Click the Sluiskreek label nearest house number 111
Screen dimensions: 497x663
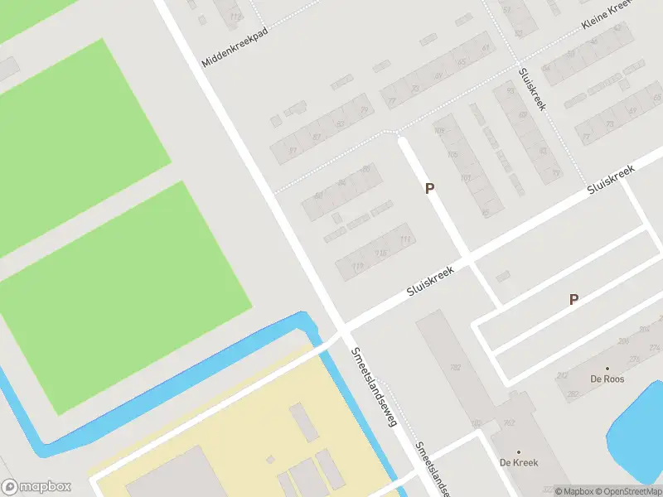[x=432, y=282]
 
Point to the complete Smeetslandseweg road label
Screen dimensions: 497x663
[x=375, y=385]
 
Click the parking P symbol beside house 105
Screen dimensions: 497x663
[x=429, y=189]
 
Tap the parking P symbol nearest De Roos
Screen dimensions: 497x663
[x=573, y=300]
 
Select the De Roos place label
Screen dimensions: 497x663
[x=607, y=379]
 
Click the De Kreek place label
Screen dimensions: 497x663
[x=519, y=462]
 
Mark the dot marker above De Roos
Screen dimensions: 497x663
[x=607, y=369]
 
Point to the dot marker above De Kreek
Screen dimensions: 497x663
[x=519, y=452]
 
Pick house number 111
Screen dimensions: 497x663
[x=405, y=240]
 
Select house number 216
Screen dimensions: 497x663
[x=381, y=253]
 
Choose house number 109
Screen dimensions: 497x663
[x=439, y=131]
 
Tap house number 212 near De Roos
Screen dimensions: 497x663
[x=562, y=375]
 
